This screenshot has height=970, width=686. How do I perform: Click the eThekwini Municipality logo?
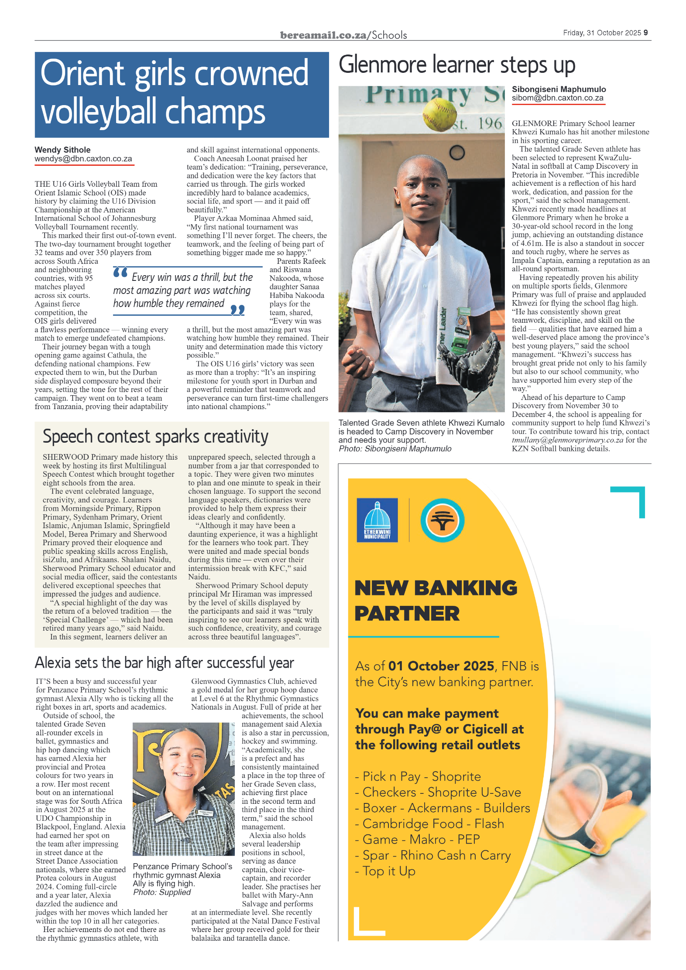tap(377, 520)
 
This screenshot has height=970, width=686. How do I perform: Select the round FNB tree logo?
tap(442, 520)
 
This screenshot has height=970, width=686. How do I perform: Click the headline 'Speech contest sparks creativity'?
tap(155, 437)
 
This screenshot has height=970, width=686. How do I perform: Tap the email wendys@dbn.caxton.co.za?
tap(83, 159)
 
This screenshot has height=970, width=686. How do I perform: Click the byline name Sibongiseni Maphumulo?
tap(559, 89)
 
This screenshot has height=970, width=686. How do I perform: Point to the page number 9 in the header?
tap(645, 33)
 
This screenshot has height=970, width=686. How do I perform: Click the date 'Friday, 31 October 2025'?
tap(602, 33)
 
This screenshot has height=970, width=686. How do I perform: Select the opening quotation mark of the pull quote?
tap(120, 273)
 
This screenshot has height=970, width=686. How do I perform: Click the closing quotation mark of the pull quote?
tap(237, 310)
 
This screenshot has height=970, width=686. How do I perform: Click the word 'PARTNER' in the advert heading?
tap(407, 613)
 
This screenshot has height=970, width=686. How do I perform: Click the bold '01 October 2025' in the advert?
tap(441, 666)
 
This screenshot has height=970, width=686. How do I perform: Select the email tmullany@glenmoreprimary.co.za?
tap(567, 440)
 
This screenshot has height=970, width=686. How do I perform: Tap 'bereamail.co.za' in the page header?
tap(323, 35)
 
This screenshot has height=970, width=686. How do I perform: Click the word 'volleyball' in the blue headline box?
tap(99, 112)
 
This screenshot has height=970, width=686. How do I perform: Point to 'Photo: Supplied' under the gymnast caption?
tap(162, 892)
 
